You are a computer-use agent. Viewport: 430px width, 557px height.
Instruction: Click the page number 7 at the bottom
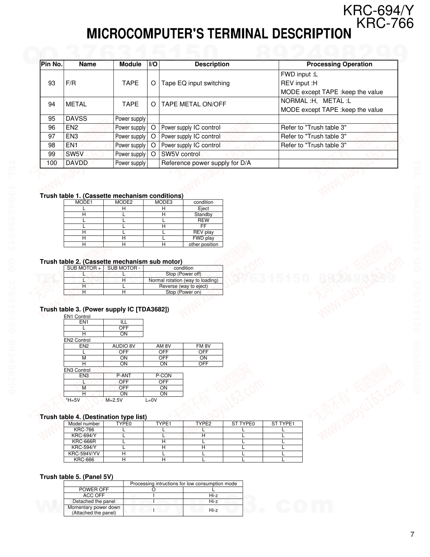click(x=412, y=535)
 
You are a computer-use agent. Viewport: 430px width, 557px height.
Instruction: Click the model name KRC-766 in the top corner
click(x=385, y=24)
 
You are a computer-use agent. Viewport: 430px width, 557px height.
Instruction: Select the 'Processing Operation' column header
click(x=339, y=64)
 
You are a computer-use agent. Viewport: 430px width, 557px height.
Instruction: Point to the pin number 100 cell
click(x=51, y=163)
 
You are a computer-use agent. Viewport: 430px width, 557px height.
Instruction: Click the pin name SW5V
click(x=75, y=154)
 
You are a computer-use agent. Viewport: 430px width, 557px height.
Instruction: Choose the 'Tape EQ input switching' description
click(x=195, y=83)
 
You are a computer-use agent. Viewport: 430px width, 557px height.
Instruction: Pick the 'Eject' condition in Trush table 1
click(x=203, y=208)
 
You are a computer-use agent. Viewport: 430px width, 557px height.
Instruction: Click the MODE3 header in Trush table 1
click(x=163, y=202)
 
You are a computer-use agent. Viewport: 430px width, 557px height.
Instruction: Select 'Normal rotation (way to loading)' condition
click(x=183, y=280)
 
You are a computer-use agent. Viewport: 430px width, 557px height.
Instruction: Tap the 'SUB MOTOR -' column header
click(x=124, y=268)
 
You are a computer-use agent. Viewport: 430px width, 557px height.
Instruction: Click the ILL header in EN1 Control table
click(x=124, y=322)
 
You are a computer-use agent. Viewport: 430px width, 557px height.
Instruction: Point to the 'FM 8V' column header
click(x=203, y=346)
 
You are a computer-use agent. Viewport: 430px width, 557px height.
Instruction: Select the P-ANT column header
click(x=124, y=376)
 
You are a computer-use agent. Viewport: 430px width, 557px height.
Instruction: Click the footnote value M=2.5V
click(x=114, y=400)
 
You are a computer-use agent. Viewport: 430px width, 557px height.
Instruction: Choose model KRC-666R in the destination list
click(x=84, y=441)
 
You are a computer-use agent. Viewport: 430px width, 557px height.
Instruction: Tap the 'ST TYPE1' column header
click(x=282, y=424)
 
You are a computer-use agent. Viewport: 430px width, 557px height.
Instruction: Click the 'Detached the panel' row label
click(x=94, y=501)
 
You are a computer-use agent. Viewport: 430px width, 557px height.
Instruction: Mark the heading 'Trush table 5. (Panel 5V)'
click(x=76, y=477)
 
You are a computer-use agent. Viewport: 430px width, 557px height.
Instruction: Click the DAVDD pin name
click(x=77, y=163)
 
